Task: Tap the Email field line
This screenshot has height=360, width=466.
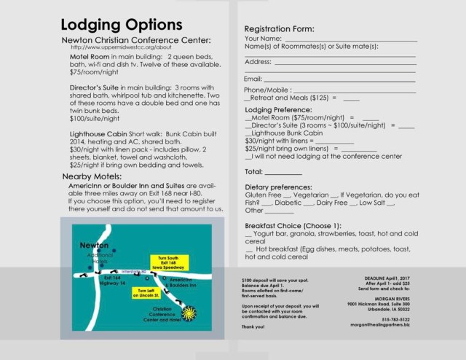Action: [x=339, y=79]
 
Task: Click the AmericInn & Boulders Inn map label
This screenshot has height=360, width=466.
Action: [x=181, y=286]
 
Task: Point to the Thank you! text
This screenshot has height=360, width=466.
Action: [x=252, y=328]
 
